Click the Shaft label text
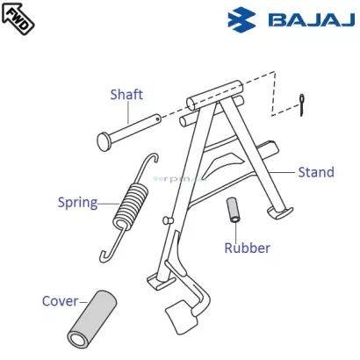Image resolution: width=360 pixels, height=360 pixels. click(127, 95)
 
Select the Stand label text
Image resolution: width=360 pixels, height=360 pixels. click(316, 172)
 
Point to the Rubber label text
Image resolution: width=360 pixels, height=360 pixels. click(247, 248)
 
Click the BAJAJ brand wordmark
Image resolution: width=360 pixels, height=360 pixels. click(301, 19)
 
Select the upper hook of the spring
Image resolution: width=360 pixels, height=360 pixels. click(151, 161)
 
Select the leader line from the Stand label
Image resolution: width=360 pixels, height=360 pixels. click(283, 171)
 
